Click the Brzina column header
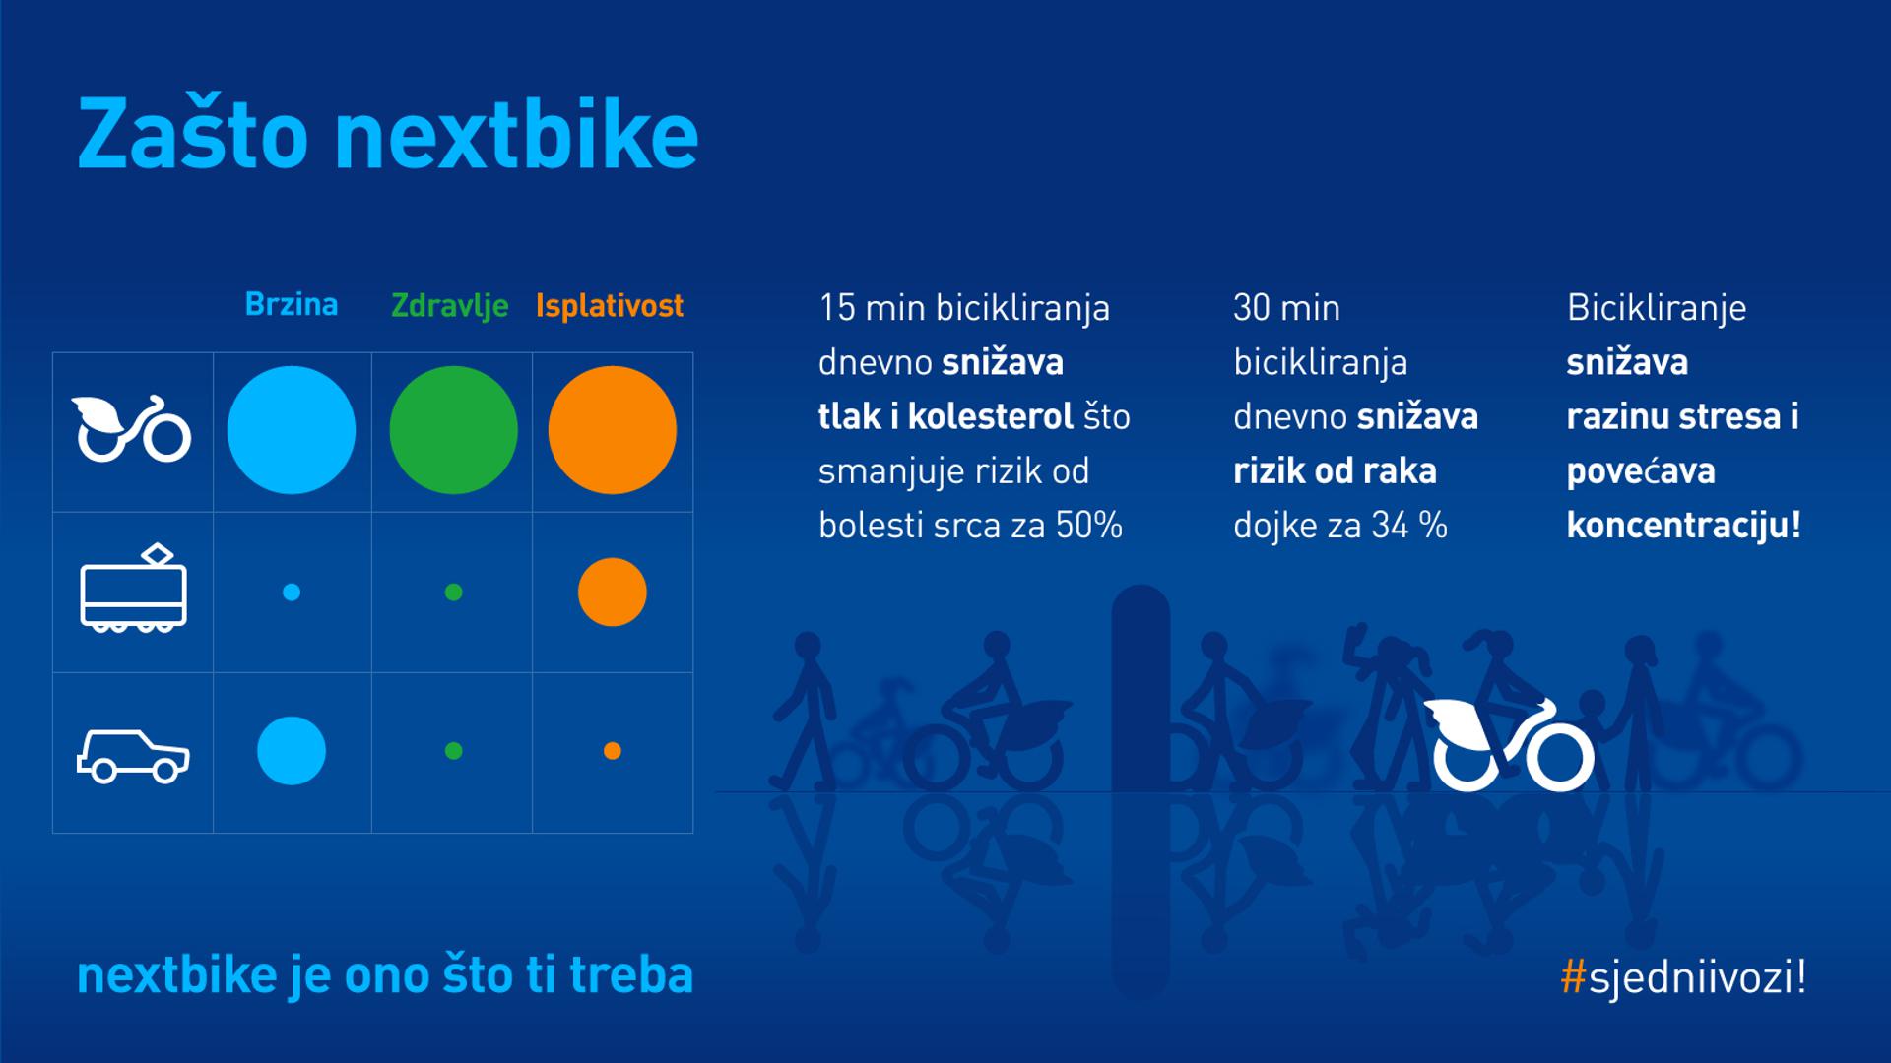point(291,304)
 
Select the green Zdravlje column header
point(449,305)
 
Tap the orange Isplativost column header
point(610,305)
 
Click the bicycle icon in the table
point(133,430)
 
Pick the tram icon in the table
point(133,589)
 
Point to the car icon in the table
point(133,756)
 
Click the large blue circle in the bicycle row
point(292,430)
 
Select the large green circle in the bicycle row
point(453,430)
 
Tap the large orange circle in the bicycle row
point(613,430)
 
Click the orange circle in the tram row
point(613,593)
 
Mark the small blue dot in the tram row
point(292,593)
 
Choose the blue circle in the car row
point(292,751)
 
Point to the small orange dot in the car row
point(613,751)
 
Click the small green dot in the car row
point(453,751)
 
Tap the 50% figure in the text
point(1088,526)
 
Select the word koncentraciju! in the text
point(1683,525)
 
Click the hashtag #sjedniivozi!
point(1683,977)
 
